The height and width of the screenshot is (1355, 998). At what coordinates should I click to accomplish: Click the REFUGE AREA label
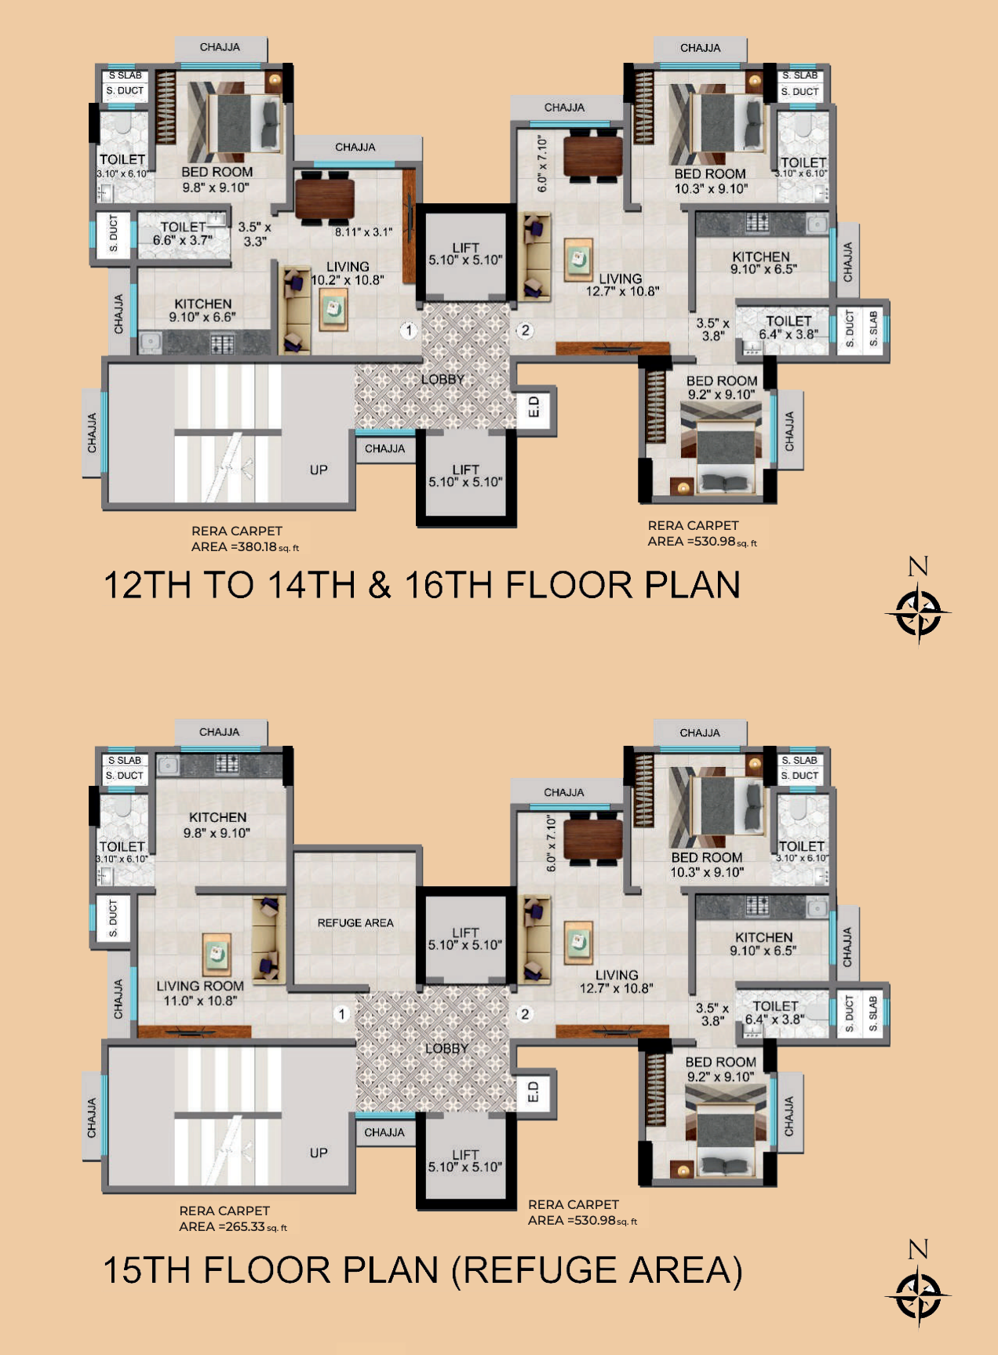[x=355, y=922]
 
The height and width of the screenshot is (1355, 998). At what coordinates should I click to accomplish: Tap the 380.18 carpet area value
[x=257, y=547]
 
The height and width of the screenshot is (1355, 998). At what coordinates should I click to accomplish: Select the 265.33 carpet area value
[x=245, y=1227]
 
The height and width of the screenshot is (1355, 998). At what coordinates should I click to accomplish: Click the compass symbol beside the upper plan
[x=918, y=612]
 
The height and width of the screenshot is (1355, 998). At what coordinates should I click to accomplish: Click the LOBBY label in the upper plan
[x=443, y=379]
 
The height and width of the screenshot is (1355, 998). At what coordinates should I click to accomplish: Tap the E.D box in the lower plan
[x=534, y=1091]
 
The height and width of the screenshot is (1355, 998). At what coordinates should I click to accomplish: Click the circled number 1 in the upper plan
[x=408, y=331]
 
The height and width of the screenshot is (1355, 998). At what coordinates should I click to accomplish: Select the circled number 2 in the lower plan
[x=525, y=1014]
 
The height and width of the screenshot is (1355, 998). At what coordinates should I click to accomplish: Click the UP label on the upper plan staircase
[x=319, y=469]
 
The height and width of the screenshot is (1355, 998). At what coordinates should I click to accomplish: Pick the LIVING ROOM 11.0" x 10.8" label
[x=199, y=993]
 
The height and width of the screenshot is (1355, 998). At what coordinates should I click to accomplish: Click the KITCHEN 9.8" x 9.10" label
[x=217, y=824]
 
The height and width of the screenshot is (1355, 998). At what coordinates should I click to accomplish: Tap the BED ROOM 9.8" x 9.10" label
[x=217, y=179]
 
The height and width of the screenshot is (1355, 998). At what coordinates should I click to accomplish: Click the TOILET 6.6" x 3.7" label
[x=183, y=233]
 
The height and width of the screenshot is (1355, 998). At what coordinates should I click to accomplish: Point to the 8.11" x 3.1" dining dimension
[x=363, y=232]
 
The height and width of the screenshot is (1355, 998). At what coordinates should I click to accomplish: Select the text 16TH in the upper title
[x=450, y=586]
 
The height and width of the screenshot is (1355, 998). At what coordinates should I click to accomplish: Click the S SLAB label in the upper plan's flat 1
[x=125, y=75]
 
